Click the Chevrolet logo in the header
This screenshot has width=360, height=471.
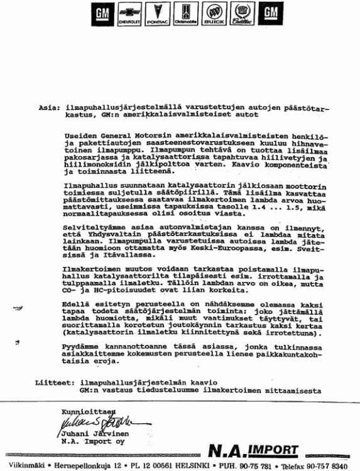[129, 14]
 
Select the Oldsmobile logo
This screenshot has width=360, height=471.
[185, 14]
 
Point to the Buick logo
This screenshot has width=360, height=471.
[214, 14]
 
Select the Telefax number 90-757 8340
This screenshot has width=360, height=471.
[325, 466]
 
